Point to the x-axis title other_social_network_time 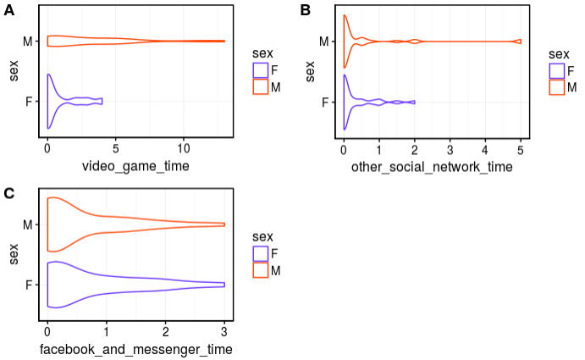pos(432,166)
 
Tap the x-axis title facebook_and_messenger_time pos(135,349)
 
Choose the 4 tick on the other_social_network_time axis pos(485,147)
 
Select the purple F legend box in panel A pos(261,70)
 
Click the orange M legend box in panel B pos(556,86)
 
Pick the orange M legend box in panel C pos(261,269)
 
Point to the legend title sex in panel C pos(263,235)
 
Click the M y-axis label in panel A pos(29,41)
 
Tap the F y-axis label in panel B pos(326,102)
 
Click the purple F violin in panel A pos(63,102)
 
